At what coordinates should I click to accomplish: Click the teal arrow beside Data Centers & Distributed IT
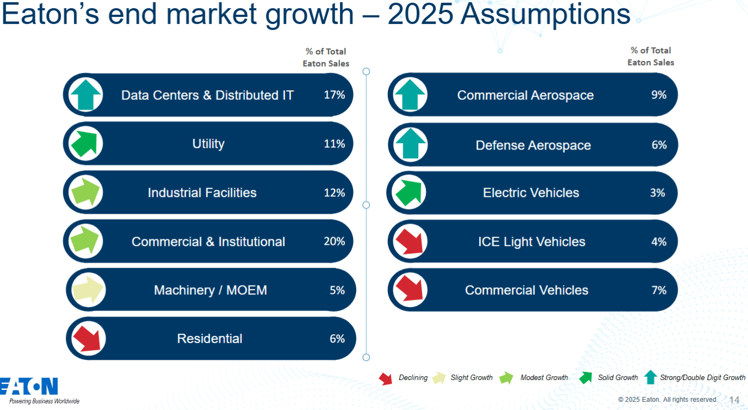(86, 95)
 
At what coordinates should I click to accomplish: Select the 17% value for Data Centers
(334, 95)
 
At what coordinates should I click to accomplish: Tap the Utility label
(208, 144)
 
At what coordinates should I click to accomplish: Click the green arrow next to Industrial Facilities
(86, 192)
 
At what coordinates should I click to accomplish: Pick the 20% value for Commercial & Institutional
(334, 241)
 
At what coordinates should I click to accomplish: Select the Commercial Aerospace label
(525, 96)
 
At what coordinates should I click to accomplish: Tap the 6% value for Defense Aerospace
(659, 145)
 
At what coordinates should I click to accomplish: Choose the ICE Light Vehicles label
(531, 242)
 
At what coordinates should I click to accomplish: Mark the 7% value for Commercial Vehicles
(659, 290)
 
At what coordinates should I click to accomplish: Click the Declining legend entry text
(413, 378)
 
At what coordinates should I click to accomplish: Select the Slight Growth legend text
(472, 378)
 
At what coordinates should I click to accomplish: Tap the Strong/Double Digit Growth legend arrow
(650, 377)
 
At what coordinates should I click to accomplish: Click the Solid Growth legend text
(618, 378)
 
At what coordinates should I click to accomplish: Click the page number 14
(734, 400)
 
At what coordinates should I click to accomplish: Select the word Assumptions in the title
(545, 15)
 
